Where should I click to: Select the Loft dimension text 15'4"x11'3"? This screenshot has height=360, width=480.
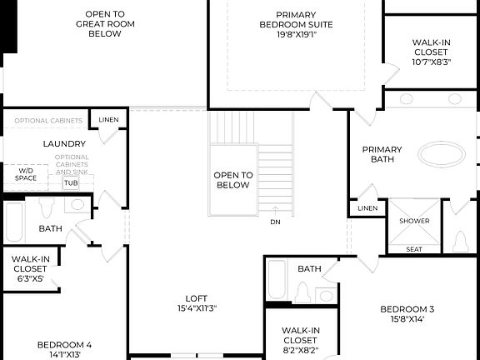tap(197, 309)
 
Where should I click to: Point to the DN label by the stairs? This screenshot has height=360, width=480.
tap(275, 222)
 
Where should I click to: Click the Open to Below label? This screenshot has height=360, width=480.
tap(232, 180)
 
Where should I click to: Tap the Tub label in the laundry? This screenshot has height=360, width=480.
tap(71, 182)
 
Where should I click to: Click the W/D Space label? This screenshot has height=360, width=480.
tap(27, 173)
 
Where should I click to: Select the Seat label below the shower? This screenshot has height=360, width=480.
tap(414, 248)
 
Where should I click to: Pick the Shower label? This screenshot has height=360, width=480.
tap(414, 221)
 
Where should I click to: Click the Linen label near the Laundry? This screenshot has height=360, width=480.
tap(108, 120)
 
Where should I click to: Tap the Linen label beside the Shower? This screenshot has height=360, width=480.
tap(367, 208)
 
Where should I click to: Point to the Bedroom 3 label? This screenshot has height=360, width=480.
tap(407, 308)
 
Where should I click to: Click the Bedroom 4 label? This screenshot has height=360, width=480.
tap(64, 345)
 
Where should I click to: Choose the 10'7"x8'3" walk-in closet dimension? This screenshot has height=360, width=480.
tap(432, 62)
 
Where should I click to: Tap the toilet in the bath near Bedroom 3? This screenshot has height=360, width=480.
tap(303, 292)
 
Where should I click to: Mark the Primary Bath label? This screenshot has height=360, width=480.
tap(382, 154)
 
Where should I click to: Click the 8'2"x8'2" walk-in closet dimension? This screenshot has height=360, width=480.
tap(300, 350)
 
